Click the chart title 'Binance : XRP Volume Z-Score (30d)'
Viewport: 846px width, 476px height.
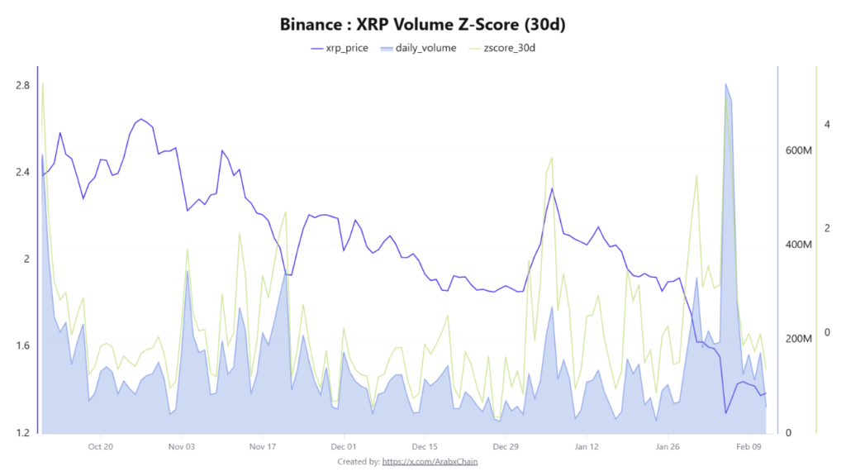[422, 24]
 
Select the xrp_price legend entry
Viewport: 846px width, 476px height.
[340, 48]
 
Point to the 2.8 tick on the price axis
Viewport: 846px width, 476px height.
[22, 85]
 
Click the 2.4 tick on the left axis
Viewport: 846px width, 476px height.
[22, 172]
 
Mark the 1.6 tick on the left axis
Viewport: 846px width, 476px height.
[22, 345]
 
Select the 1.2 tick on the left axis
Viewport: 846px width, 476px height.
[22, 432]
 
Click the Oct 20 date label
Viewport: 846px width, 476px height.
[100, 446]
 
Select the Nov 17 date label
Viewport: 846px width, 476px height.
[261, 446]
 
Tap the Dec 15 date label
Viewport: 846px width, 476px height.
[423, 446]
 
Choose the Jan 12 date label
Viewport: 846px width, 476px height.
[586, 446]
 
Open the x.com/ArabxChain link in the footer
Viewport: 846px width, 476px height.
[430, 461]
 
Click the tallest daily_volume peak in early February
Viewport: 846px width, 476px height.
[725, 83]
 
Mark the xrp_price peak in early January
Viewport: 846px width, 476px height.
[552, 188]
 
